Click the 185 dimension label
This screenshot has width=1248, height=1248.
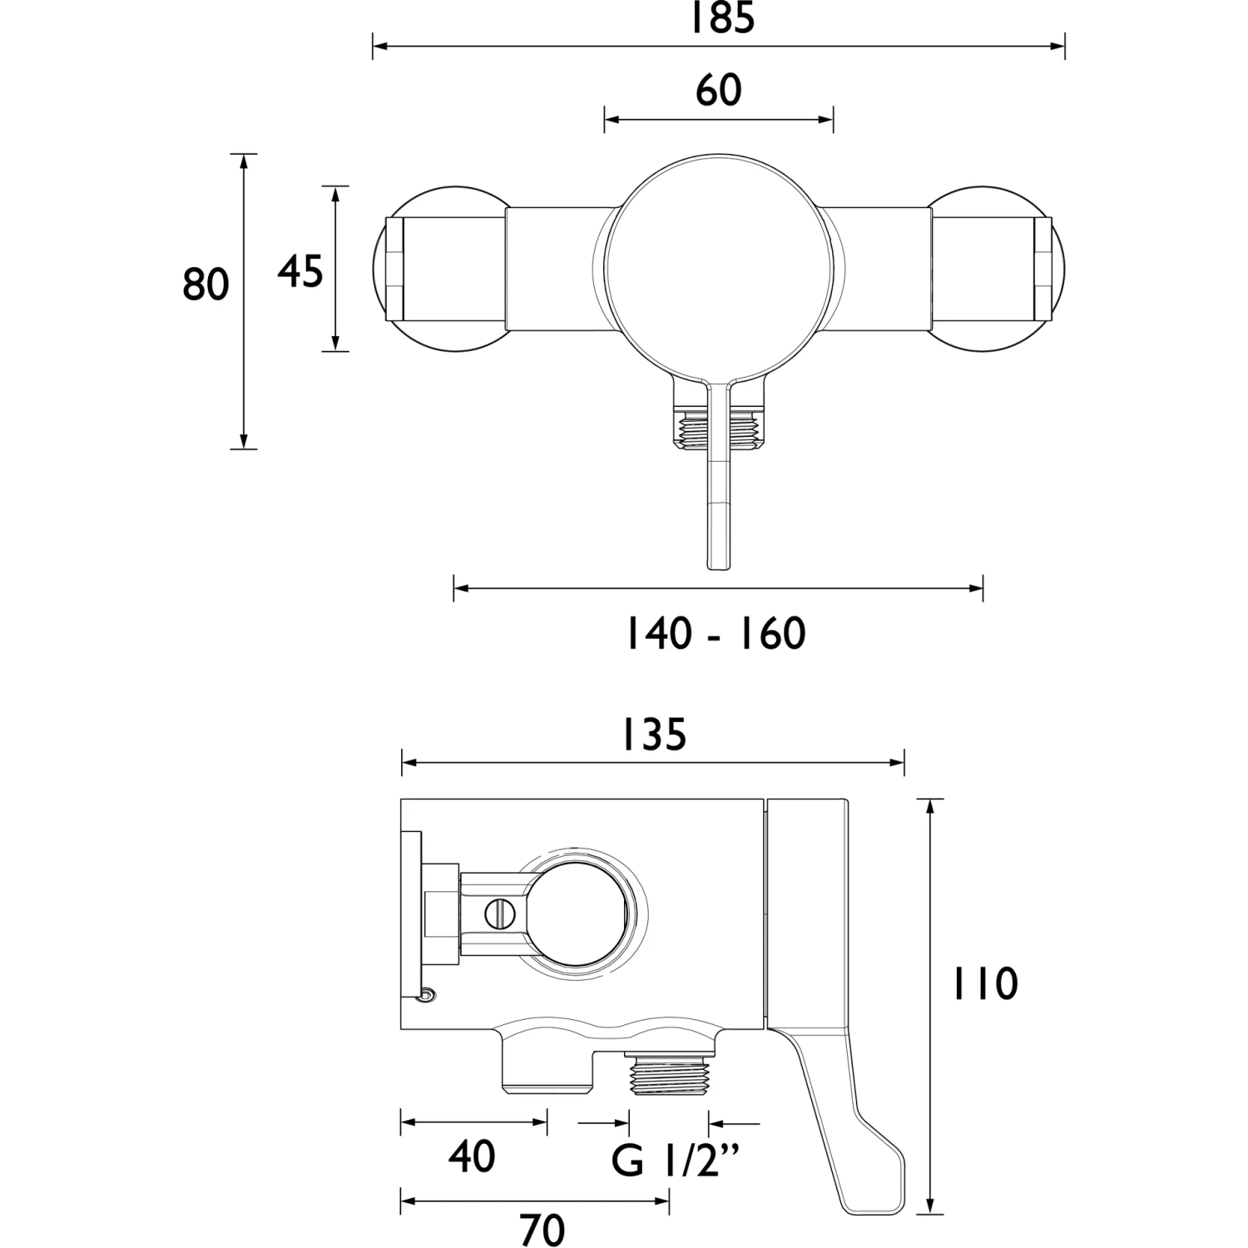point(721,17)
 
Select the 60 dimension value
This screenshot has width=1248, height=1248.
point(719,90)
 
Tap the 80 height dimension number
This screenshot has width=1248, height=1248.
point(206,285)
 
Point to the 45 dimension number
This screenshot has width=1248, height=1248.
point(300,271)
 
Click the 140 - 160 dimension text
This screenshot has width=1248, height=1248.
point(716,634)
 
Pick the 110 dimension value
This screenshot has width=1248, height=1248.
point(984,984)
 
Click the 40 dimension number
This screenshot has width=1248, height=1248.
point(472,1156)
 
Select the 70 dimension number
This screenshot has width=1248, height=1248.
point(542,1230)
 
